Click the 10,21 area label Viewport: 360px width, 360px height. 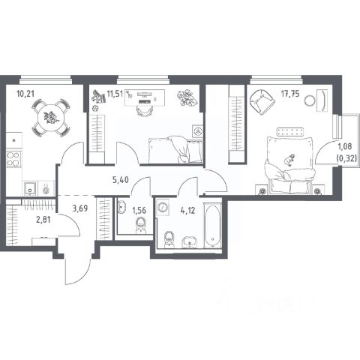[x=25, y=94]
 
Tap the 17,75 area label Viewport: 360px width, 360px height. [x=290, y=94]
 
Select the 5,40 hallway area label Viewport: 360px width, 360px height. [x=121, y=179]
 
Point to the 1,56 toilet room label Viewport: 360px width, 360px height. [x=139, y=211]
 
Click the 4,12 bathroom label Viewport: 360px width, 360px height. [x=187, y=211]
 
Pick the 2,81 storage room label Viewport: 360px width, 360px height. [x=43, y=220]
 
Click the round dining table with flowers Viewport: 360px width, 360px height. [x=51, y=118]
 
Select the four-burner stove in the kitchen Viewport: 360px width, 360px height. [x=13, y=159]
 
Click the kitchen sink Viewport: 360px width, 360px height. [x=30, y=188]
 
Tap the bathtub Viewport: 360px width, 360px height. [x=212, y=226]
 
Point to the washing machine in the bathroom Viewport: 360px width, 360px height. [x=163, y=207]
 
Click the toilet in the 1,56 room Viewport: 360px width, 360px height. [x=141, y=226]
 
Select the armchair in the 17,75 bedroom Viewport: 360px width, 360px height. [x=262, y=102]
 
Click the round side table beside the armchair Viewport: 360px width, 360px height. [x=310, y=100]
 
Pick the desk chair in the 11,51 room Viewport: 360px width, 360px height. [x=145, y=111]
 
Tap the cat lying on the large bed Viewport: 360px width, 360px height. [x=290, y=160]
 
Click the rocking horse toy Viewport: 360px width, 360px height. [x=97, y=97]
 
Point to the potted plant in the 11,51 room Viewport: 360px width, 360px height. [x=187, y=98]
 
